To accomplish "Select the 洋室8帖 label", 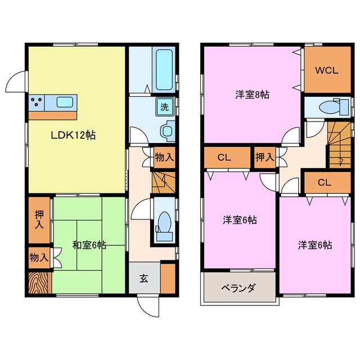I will pos(252,94).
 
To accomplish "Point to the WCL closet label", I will pos(326,71).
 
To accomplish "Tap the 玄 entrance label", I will pos(143,278).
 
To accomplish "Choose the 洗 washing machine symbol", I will pos(166,106).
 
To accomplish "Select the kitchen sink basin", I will pos(64,102).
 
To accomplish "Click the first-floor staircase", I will pos(163,183).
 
